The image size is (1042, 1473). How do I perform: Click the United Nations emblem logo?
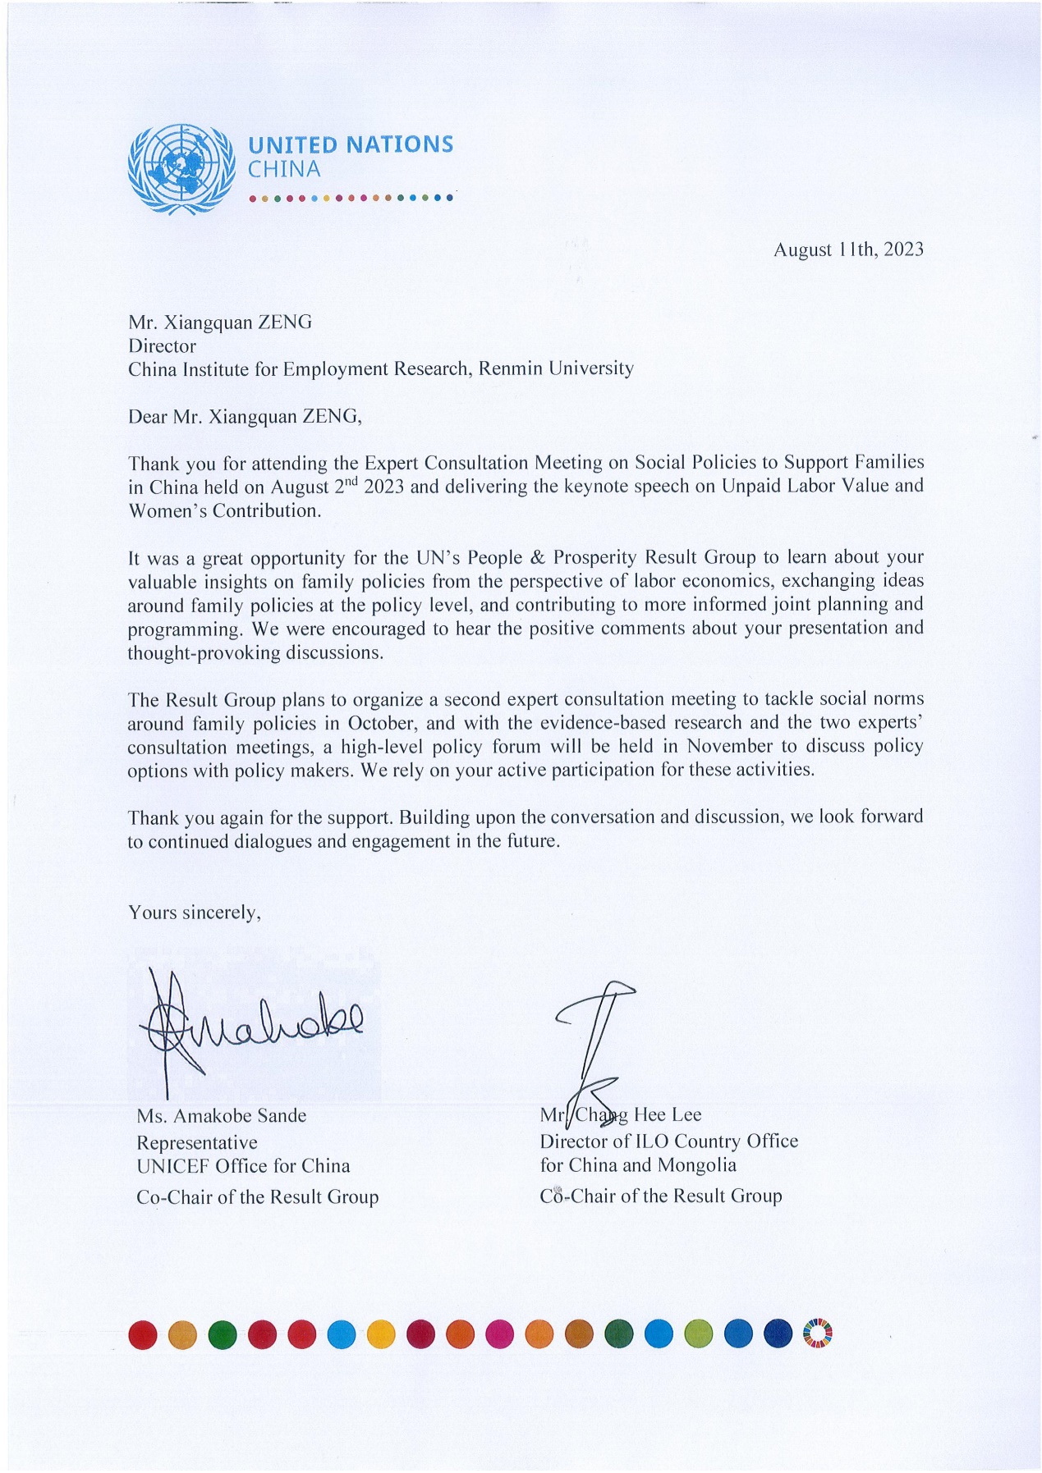pyautogui.click(x=177, y=170)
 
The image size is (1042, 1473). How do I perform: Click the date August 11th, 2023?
pyautogui.click(x=847, y=249)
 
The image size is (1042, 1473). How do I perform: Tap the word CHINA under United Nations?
pyautogui.click(x=284, y=170)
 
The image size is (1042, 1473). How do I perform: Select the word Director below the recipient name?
pyautogui.click(x=162, y=345)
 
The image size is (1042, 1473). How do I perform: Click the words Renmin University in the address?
pyautogui.click(x=556, y=368)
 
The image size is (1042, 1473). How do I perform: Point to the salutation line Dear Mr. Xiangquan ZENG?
pyautogui.click(x=244, y=416)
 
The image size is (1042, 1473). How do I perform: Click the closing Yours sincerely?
pyautogui.click(x=195, y=912)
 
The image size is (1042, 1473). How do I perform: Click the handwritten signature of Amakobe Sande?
pyautogui.click(x=246, y=1026)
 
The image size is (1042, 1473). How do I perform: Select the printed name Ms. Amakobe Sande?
pyautogui.click(x=221, y=1115)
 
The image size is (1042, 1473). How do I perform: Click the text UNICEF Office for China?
pyautogui.click(x=243, y=1166)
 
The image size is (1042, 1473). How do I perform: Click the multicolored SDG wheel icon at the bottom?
pyautogui.click(x=816, y=1333)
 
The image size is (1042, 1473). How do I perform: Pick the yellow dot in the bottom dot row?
pyautogui.click(x=380, y=1333)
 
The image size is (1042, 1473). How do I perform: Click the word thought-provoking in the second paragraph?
pyautogui.click(x=204, y=653)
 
